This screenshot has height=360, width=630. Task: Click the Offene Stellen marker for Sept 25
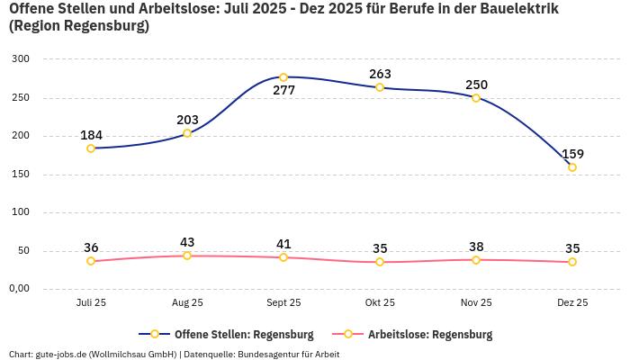[x=283, y=77]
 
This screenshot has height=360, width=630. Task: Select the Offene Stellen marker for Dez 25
[x=572, y=167]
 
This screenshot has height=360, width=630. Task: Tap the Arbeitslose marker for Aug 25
[x=187, y=256]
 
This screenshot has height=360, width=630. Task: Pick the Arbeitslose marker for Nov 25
[x=476, y=260]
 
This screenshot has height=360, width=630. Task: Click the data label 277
[x=283, y=91]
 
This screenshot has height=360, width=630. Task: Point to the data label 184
[x=91, y=136]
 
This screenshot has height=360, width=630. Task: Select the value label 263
[x=380, y=74]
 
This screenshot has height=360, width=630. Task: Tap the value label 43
[x=187, y=242]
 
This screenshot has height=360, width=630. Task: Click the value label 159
[x=572, y=154]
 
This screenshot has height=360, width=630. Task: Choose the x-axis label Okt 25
[x=380, y=303]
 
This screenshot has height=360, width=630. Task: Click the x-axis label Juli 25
[x=91, y=303]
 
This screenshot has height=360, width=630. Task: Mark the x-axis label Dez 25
[x=572, y=303]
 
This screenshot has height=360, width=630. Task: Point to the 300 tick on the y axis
[x=21, y=59]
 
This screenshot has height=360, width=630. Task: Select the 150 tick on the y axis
[x=21, y=175]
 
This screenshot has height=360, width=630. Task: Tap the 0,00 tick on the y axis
[x=19, y=289]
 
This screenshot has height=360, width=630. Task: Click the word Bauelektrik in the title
[x=515, y=9]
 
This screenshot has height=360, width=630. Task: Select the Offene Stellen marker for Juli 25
[x=91, y=148]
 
